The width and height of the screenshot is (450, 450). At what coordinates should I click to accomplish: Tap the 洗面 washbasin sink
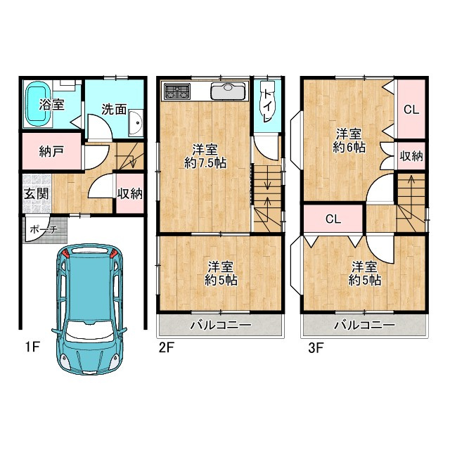pos(136,122)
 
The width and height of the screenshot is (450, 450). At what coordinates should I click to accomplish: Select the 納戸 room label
pos(51,151)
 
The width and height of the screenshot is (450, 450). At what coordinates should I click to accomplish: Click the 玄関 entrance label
pos(36,194)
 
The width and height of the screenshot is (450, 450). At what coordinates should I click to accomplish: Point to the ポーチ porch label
pos(44,229)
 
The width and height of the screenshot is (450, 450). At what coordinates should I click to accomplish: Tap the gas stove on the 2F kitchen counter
pos(176,91)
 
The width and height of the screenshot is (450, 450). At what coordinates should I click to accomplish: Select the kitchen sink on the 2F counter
pos(229,91)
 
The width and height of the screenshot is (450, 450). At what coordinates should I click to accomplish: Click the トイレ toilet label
pos(268,105)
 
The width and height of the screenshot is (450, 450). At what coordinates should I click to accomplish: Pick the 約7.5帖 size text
pos(205,163)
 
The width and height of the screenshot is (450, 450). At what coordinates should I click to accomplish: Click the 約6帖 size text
pos(349,148)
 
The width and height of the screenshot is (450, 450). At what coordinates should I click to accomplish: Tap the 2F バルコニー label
pos(221,325)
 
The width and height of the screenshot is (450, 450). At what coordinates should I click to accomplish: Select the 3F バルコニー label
pos(365,325)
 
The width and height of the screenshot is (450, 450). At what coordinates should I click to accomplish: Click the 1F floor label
pos(32,347)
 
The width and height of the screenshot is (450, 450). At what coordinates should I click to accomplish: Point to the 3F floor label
pos(316,348)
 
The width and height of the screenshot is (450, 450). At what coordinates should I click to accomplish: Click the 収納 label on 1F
pos(130,194)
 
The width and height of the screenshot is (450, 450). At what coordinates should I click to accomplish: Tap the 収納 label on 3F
pos(411,156)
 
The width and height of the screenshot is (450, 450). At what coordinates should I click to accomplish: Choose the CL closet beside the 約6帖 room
pos(411,110)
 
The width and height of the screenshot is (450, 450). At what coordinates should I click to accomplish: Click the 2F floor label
pos(167,348)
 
